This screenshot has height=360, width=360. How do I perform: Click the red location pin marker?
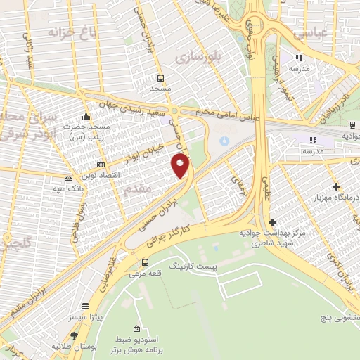tap(181, 166)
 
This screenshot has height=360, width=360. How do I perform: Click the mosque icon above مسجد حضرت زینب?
tap(86, 116)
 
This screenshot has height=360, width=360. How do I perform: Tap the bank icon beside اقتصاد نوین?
tap(68, 179)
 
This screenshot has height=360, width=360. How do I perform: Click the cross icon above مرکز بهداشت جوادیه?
tap(273, 222)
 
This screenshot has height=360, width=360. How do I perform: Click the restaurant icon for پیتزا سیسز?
tap(86, 307)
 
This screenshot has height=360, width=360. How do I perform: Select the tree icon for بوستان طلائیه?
tap(74, 336)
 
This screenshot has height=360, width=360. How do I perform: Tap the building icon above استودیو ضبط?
tap(138, 328)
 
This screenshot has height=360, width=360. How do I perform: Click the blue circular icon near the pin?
tap(224, 141)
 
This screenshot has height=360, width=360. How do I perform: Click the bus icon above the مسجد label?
tap(161, 78)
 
